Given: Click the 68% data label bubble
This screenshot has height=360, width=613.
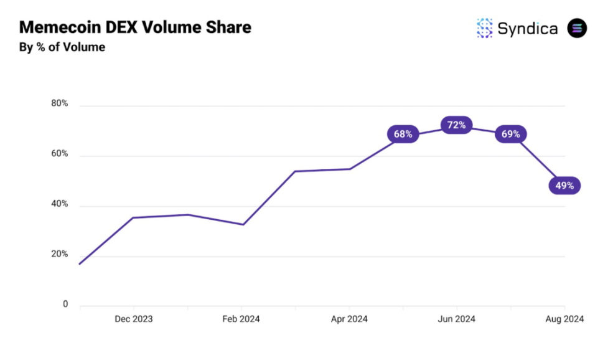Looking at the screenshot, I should [403, 134].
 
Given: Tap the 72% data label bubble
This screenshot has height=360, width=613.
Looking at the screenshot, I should [456, 125].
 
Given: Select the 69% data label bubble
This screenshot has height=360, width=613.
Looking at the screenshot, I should [510, 134].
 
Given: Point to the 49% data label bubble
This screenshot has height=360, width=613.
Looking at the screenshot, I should [564, 185].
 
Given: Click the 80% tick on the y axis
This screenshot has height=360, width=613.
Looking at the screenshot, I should [60, 103].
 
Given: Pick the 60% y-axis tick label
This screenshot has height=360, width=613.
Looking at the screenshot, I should [60, 154].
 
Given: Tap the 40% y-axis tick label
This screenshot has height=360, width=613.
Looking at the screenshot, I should [60, 204].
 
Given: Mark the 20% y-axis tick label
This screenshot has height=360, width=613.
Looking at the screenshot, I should [60, 255].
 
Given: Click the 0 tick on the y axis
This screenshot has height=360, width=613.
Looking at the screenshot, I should [65, 305].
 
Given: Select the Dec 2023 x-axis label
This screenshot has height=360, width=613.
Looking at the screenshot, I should [134, 320].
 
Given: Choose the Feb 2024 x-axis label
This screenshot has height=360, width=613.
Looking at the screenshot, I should [241, 320].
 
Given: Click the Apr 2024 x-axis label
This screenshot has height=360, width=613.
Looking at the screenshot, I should [349, 320].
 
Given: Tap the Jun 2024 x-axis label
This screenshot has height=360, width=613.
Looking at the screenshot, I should [456, 320].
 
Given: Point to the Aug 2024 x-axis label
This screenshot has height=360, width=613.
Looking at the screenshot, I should [564, 320].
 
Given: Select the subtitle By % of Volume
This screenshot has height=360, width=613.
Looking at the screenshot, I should [62, 47].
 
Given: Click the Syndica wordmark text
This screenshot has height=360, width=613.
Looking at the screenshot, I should [527, 28].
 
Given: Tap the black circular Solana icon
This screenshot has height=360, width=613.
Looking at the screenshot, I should [577, 28].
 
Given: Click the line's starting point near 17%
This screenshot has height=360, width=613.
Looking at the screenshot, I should [80, 264].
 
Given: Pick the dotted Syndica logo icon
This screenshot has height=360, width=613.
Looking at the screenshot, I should [484, 28].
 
